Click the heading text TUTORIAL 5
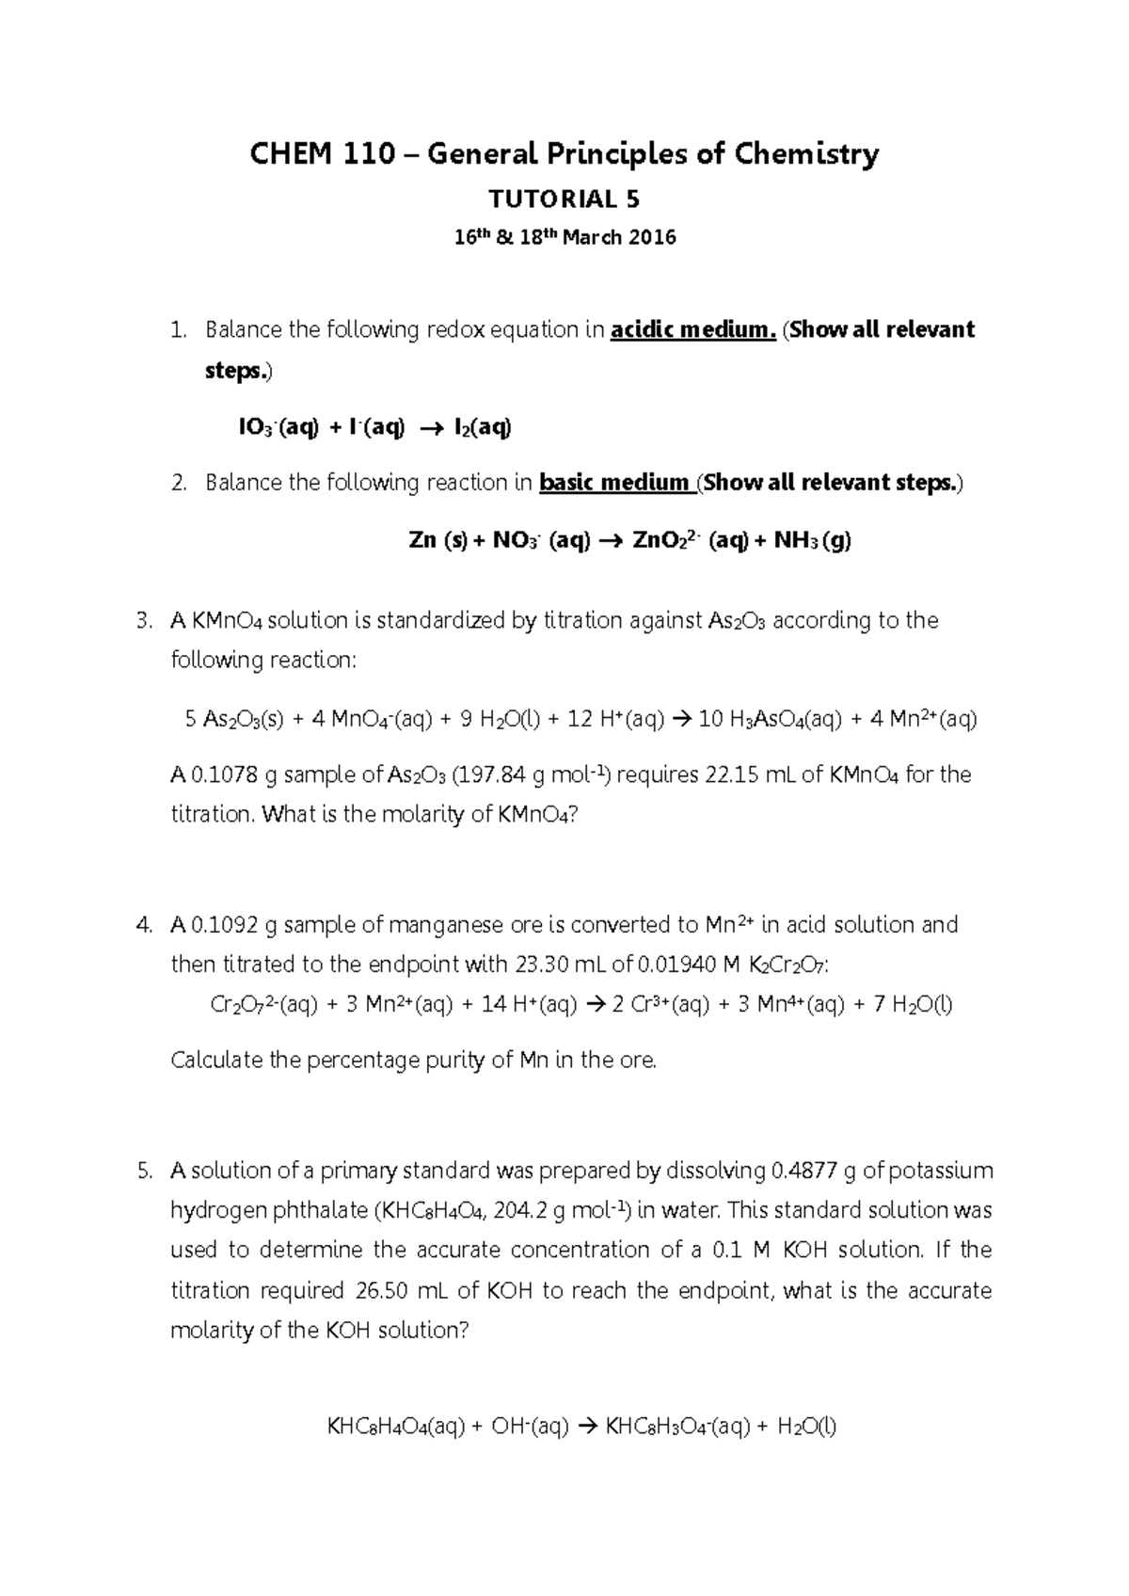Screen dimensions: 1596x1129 tap(564, 199)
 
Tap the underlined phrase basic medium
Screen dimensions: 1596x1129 tap(614, 483)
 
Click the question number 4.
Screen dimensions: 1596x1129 tap(143, 925)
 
